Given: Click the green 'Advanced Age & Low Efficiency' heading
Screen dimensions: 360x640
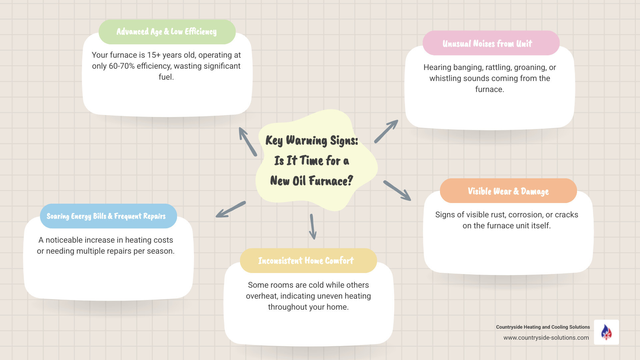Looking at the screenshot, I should point(167,32).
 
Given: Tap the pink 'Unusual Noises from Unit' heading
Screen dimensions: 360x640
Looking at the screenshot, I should point(487,44).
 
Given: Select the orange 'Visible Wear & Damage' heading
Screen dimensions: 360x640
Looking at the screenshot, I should point(508,191).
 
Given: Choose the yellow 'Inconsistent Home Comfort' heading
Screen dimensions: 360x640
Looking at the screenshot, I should point(306,261).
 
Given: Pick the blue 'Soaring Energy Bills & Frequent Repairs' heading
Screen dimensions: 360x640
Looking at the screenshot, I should point(106,216).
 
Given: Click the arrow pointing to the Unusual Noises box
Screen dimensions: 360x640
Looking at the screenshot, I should point(386,131).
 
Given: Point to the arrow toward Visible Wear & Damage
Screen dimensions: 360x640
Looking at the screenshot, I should point(397,191).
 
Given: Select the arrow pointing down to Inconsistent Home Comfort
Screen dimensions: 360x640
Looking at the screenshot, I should point(313,227).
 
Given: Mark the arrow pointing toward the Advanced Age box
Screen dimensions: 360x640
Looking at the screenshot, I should point(248,142).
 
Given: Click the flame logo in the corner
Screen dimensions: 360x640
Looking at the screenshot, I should point(606,332).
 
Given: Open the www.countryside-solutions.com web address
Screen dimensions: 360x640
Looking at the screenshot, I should point(546,338).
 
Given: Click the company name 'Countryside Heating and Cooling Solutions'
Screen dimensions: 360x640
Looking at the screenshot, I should point(543,327).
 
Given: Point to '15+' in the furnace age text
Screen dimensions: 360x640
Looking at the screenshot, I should point(154,55).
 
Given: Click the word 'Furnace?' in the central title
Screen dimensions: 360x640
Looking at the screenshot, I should point(331,181).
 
